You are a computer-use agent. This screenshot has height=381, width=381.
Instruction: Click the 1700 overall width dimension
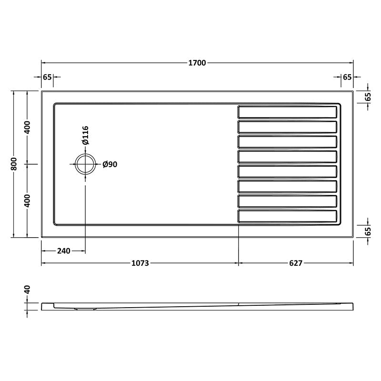197,63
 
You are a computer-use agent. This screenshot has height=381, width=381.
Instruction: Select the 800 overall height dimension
15,163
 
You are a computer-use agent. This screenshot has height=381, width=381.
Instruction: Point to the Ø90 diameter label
110,164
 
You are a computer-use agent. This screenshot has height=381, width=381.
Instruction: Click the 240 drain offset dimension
63,251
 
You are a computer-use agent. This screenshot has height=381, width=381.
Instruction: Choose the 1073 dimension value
140,263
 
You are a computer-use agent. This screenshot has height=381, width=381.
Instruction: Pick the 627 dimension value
295,263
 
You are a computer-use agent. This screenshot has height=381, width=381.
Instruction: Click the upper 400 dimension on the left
28,127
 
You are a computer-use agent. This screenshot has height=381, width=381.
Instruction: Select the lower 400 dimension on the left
28,200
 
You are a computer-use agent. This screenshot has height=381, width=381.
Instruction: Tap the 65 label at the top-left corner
47,77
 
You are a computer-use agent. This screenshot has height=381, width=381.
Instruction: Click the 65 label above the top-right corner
347,77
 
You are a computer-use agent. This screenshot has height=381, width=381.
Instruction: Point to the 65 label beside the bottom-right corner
368,232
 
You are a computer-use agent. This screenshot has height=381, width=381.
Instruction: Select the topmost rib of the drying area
288,112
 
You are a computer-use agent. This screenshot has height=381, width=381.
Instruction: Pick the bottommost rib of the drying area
288,216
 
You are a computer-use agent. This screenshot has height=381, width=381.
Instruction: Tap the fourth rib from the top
288,156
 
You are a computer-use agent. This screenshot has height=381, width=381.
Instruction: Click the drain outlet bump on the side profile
86,309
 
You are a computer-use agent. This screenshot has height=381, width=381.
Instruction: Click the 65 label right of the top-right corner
368,96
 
